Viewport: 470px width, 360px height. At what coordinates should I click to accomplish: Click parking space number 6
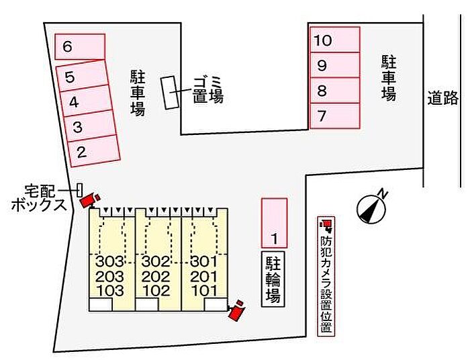pyautogui.click(x=80, y=46)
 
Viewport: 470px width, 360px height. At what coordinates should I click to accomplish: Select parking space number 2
pyautogui.click(x=95, y=150)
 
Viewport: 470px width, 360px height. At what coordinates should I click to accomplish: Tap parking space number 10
pyautogui.click(x=335, y=40)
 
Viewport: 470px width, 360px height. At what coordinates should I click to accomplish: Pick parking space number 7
pyautogui.click(x=335, y=116)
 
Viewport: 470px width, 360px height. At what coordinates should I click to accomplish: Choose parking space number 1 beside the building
pyautogui.click(x=274, y=223)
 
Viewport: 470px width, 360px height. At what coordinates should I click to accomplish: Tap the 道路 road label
pyautogui.click(x=442, y=97)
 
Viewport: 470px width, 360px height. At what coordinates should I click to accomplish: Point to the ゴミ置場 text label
pyautogui.click(x=208, y=90)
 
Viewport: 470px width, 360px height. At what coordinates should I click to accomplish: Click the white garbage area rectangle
pyautogui.click(x=170, y=92)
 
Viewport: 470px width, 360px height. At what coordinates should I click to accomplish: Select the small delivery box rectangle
pyautogui.click(x=79, y=190)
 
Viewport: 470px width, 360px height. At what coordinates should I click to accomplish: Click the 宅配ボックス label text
pyautogui.click(x=39, y=198)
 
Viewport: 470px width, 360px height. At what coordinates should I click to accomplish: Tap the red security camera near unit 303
pyautogui.click(x=90, y=200)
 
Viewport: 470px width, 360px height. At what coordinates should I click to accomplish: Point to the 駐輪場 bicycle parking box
pyautogui.click(x=273, y=279)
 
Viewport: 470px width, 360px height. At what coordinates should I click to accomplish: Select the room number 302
pyautogui.click(x=156, y=262)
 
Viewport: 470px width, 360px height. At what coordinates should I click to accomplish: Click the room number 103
pyautogui.click(x=109, y=290)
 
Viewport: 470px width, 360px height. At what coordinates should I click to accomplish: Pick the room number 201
pyautogui.click(x=204, y=276)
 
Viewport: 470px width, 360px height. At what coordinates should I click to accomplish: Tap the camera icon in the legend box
pyautogui.click(x=326, y=226)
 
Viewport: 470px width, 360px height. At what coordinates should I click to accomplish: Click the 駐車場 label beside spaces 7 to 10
pyautogui.click(x=389, y=77)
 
